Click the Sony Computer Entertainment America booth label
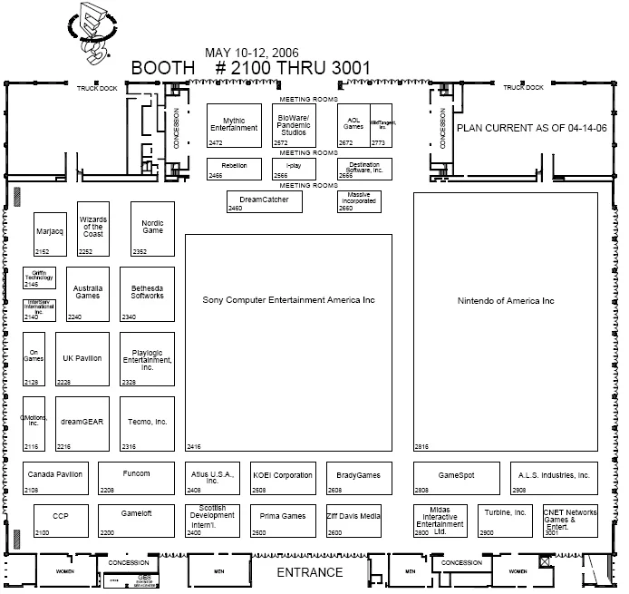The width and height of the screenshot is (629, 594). coord(287,300)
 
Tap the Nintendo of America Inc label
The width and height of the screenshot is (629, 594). coord(505,301)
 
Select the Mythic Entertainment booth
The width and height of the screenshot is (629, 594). coord(234,125)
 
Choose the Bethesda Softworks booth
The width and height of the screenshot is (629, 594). coord(148,293)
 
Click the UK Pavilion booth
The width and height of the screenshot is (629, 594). coord(82,359)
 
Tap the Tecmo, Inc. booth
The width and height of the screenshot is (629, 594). coord(148,423)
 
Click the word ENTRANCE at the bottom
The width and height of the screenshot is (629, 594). coord(310,572)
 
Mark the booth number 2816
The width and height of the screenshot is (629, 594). coord(421,447)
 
